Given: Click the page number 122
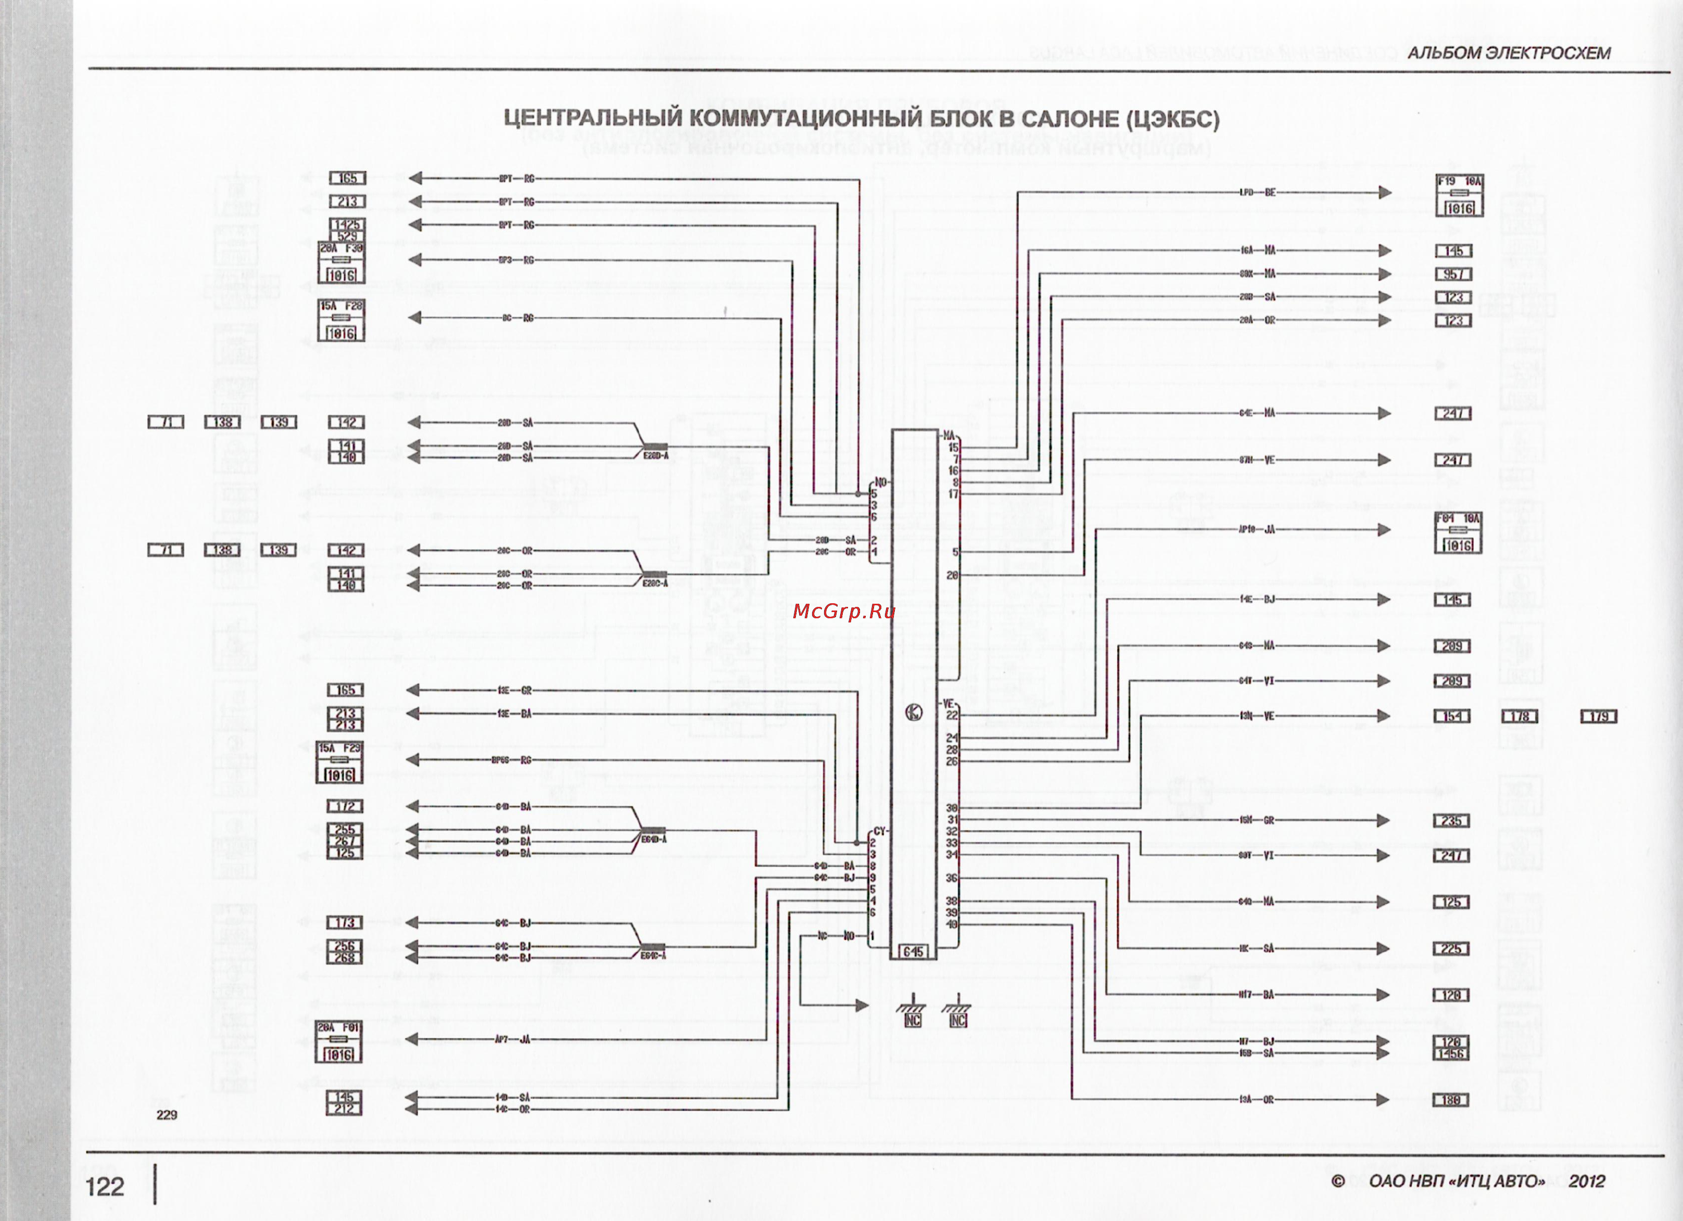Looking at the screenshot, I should pos(105,1186).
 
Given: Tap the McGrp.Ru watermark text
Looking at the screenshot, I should pos(844,611).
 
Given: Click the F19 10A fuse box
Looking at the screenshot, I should pos(1459,196).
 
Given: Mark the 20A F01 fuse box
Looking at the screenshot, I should pos(339,1041).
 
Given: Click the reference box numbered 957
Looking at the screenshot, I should pos(1453,274).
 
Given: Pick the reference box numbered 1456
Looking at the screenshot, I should pos(1451,1054).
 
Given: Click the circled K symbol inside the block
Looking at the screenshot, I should pos(914,713).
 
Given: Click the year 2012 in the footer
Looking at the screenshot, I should pos(1587,1181).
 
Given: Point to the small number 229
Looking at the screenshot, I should pos(167,1115).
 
